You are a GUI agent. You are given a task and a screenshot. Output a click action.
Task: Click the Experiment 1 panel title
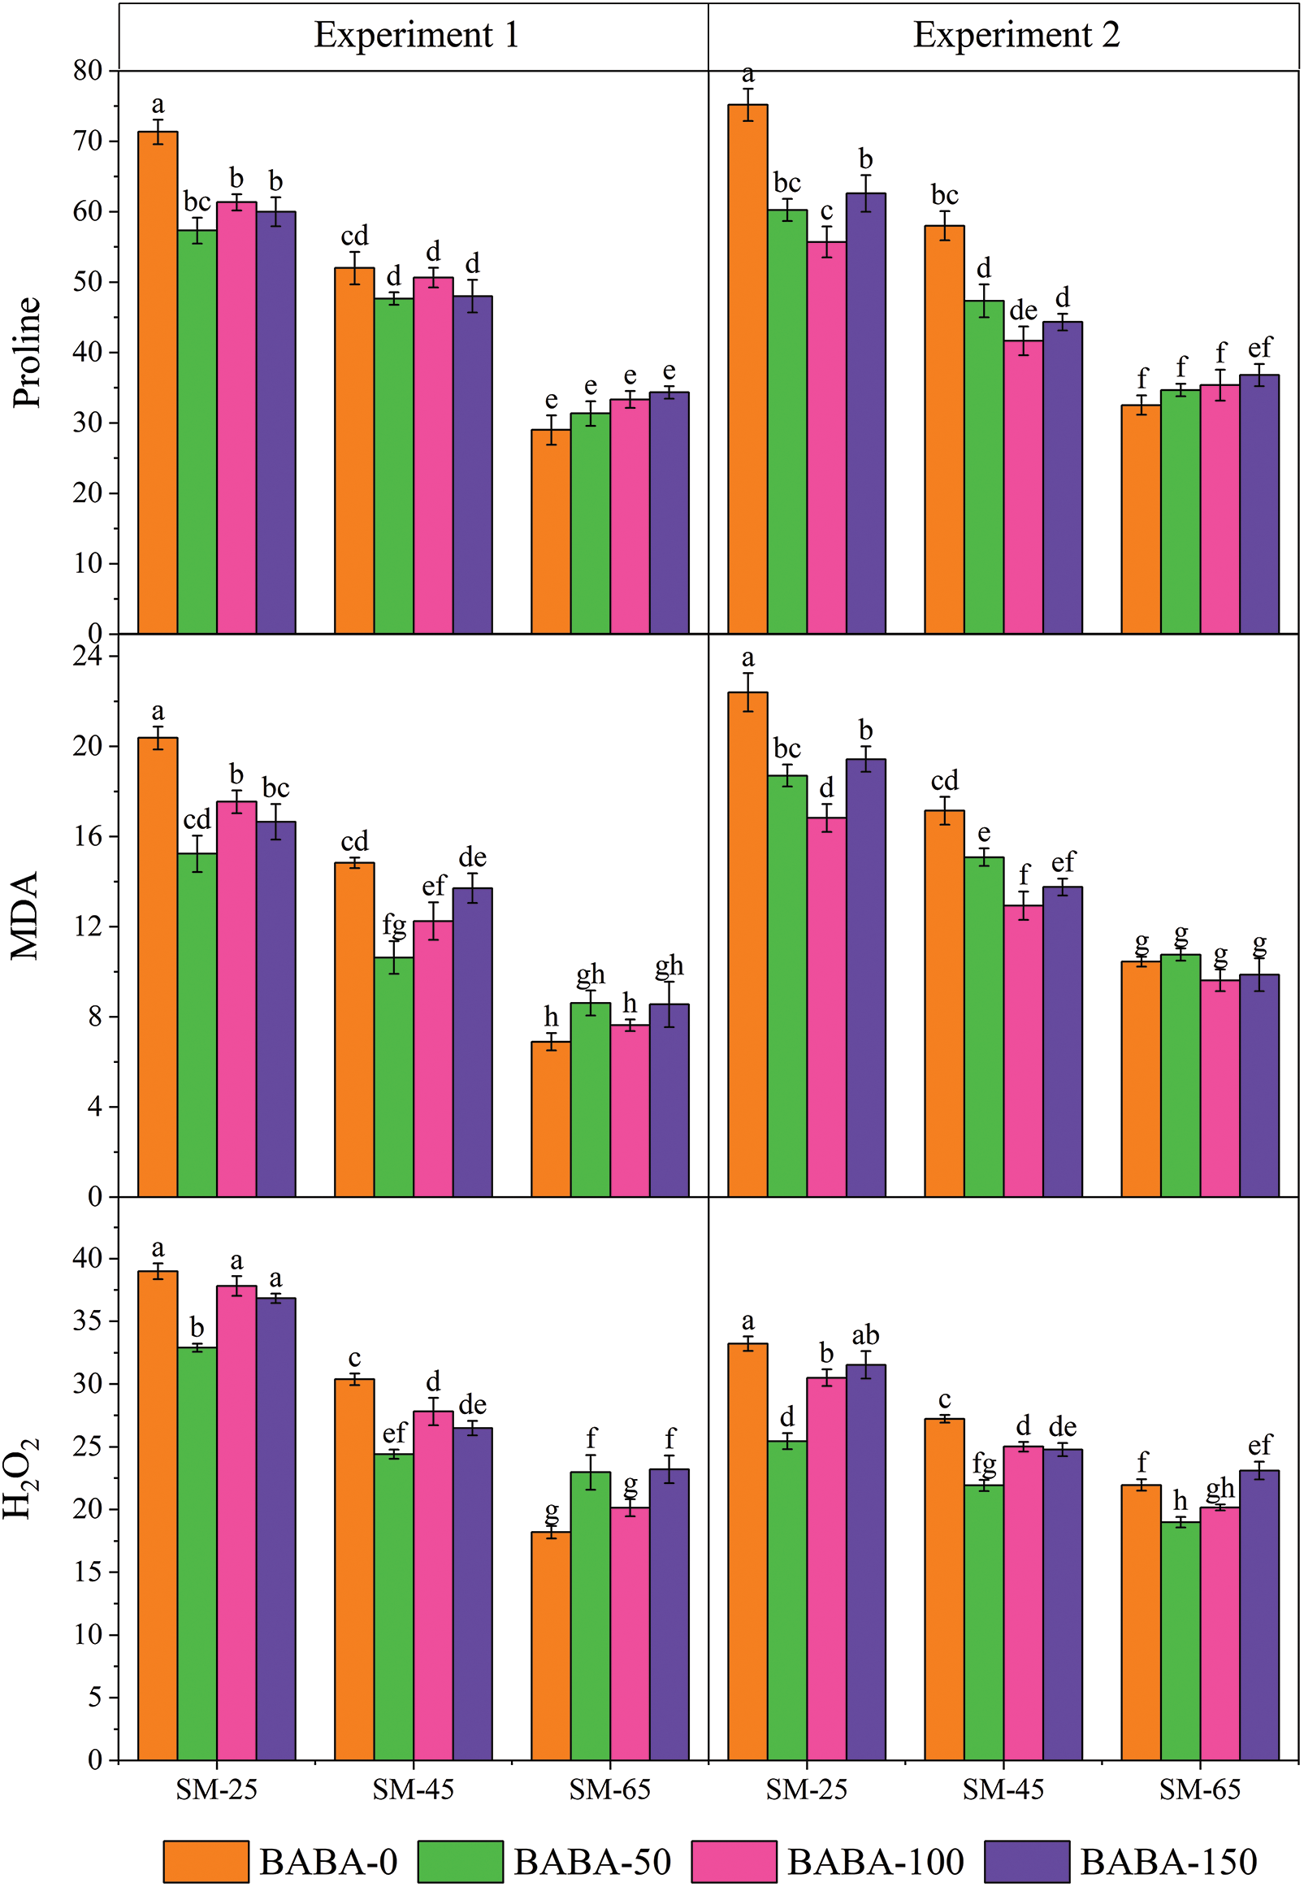(416, 35)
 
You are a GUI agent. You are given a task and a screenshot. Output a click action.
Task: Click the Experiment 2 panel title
(1016, 35)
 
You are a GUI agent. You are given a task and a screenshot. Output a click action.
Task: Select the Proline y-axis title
(27, 351)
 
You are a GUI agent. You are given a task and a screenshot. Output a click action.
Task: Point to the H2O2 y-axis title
(22, 1479)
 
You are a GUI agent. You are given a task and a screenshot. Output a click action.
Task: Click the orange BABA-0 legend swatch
(206, 1862)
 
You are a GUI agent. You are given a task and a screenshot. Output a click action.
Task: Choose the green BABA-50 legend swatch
(460, 1862)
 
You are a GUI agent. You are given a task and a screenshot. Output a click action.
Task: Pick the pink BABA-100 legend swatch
(734, 1862)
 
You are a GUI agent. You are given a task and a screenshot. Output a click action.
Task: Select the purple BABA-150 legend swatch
(1026, 1862)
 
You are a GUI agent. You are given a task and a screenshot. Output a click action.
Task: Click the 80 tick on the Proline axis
(88, 70)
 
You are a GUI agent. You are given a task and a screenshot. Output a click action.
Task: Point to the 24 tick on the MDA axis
(88, 656)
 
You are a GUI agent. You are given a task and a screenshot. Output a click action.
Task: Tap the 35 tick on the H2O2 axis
(88, 1321)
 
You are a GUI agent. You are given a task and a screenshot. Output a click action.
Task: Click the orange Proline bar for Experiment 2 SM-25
(747, 368)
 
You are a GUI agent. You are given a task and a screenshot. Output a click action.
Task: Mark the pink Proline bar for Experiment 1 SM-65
(630, 516)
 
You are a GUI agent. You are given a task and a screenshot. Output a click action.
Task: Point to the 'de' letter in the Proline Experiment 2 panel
(1023, 310)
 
